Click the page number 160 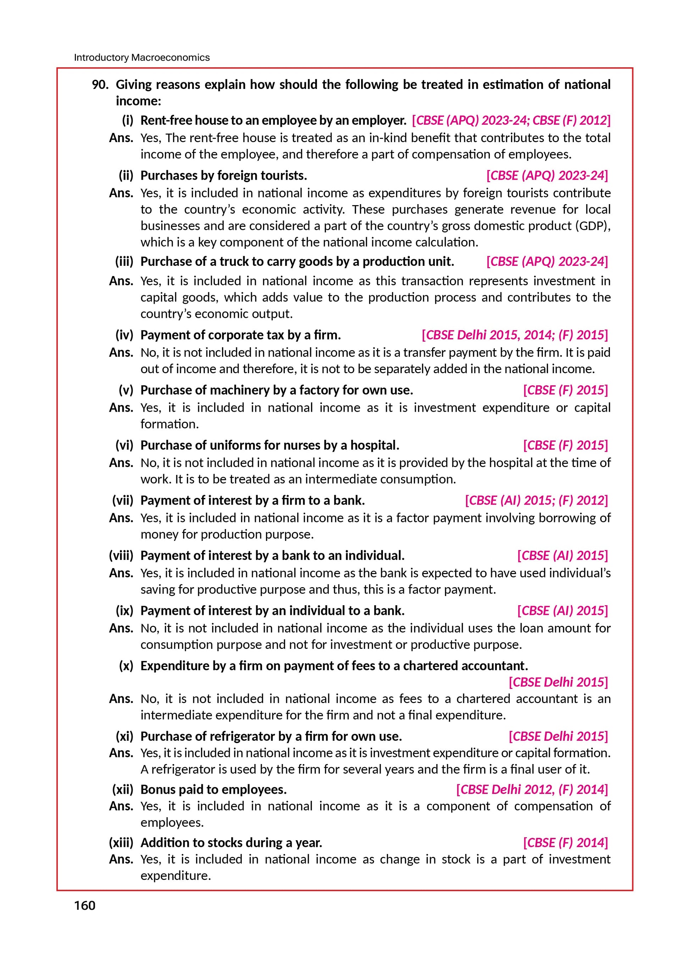[x=85, y=905]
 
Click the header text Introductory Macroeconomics [x=141, y=57]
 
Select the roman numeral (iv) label [x=124, y=335]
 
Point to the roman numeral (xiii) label [x=121, y=842]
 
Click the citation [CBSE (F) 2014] [x=566, y=842]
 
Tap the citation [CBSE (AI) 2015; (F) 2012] [x=536, y=500]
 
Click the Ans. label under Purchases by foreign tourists [x=121, y=193]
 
